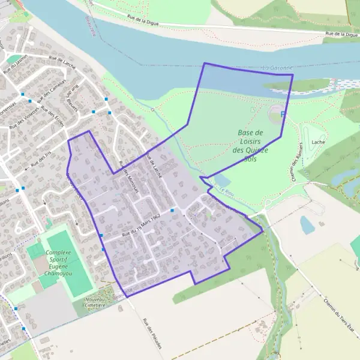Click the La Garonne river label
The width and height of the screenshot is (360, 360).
pos(277,68)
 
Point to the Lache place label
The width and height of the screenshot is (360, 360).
pos(318,143)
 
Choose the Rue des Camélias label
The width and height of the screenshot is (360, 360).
pos(53,92)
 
